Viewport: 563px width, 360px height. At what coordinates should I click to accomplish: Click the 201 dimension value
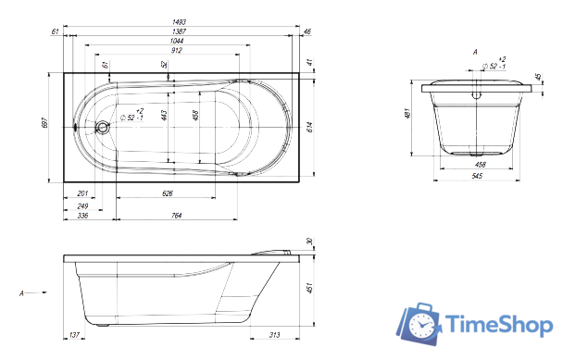coord(82,194)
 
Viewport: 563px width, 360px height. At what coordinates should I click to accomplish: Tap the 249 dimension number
coord(82,205)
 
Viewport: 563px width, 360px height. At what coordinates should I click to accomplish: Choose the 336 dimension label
coord(82,216)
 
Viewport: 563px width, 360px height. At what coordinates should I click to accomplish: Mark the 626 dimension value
coord(167,194)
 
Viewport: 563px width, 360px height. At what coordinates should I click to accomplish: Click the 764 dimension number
coord(176,216)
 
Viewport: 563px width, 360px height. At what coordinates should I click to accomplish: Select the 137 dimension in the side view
coord(74,335)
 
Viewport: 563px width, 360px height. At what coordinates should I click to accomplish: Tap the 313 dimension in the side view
coord(274,335)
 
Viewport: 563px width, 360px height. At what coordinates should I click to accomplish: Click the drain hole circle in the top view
coord(104,126)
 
